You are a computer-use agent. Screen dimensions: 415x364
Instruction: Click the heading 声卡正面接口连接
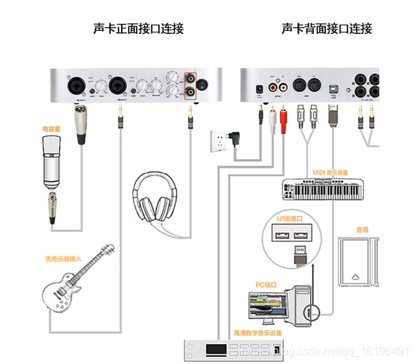pos(138,29)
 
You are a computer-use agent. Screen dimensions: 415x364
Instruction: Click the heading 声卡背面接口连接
pos(326,29)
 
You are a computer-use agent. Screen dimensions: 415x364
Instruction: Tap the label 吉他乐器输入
pos(63,258)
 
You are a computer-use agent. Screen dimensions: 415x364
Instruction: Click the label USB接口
pos(291,218)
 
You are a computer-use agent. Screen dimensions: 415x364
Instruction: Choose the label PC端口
pos(266,284)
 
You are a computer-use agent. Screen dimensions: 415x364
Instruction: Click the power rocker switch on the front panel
pos(203,86)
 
